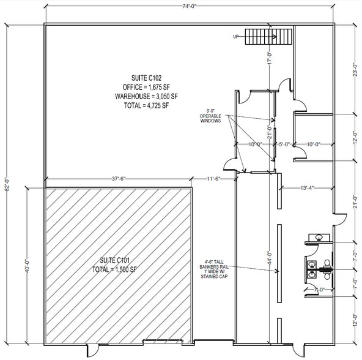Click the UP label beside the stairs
coord(236,37)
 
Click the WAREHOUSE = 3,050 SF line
coord(146,96)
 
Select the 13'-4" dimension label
coord(306,187)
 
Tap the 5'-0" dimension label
coord(284,144)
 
